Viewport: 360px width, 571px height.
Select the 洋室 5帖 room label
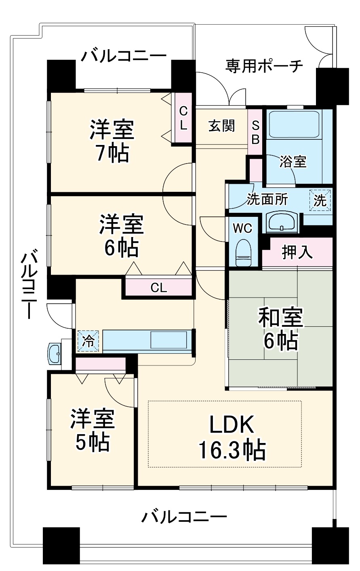pos(93,430)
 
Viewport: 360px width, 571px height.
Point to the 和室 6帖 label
pos(281,329)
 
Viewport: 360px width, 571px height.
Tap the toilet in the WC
pos(244,252)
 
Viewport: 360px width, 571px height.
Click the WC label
pos(242,228)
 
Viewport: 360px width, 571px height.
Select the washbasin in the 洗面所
pos(282,223)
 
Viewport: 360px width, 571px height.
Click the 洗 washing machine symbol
pos(320,201)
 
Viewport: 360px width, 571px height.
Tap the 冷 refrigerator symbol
pos(88,341)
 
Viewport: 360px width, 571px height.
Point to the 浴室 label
pos(293,162)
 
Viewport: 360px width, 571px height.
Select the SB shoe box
pos(255,132)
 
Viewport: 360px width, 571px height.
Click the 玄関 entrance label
pos(221,126)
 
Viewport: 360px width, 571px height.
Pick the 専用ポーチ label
pos(264,66)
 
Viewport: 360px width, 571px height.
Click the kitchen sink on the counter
pos(168,340)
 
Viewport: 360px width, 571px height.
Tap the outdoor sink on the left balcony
pos(55,353)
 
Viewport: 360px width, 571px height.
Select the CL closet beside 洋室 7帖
pos(183,118)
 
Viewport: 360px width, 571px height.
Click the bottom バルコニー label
pos(184,517)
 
